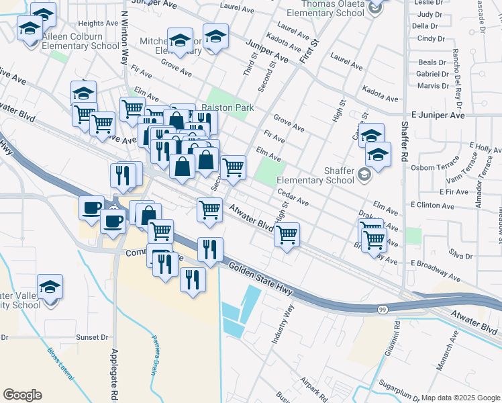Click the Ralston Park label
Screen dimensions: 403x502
coord(224,107)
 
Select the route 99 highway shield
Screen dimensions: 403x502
coord(382,309)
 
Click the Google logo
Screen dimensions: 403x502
coord(22,395)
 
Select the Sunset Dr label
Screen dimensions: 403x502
coord(92,337)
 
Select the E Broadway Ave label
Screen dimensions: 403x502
coord(436,269)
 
